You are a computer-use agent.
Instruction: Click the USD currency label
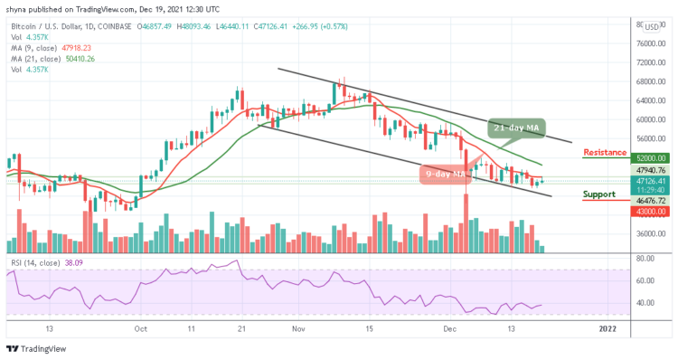tap(653, 26)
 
